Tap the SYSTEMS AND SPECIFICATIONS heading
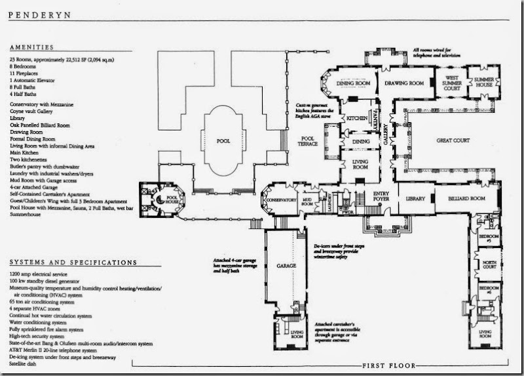click(x=74, y=262)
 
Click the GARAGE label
click(x=286, y=266)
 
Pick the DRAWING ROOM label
click(x=410, y=83)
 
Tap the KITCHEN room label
click(x=358, y=118)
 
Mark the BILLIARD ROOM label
click(x=466, y=198)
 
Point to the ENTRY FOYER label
click(x=381, y=196)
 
